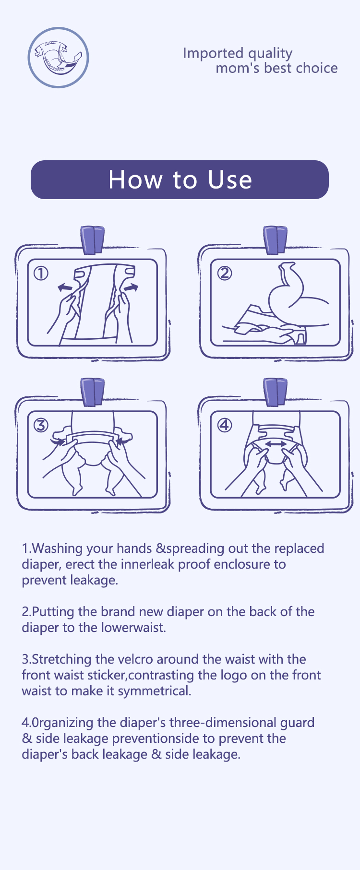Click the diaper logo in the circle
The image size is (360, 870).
[x=58, y=58]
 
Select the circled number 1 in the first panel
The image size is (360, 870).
[x=41, y=274]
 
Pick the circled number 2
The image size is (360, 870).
[x=224, y=274]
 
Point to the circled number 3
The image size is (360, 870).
[x=41, y=425]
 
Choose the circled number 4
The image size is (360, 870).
[x=224, y=425]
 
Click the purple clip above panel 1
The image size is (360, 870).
[x=93, y=239]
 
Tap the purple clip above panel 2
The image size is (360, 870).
[x=276, y=239]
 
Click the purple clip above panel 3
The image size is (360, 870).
[x=93, y=392]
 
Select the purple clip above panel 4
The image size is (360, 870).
[x=276, y=392]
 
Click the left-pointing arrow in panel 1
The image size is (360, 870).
[x=65, y=287]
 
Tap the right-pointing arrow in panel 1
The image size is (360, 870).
[x=131, y=287]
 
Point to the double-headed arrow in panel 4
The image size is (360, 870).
[x=276, y=444]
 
